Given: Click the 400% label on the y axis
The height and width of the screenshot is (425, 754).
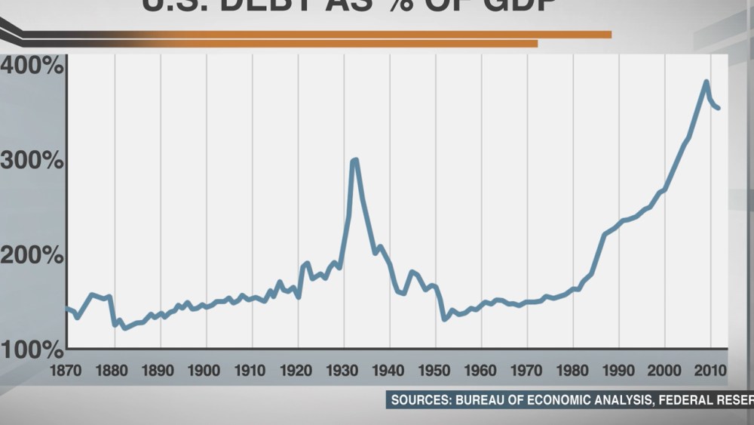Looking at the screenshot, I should click(x=32, y=66).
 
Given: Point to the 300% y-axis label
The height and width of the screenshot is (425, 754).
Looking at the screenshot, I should click(x=32, y=161).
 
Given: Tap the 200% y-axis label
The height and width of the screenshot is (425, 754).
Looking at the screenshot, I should click(x=32, y=255).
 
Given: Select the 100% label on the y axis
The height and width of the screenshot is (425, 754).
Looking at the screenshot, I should click(x=32, y=350).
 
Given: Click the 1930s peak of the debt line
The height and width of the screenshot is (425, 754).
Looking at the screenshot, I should click(x=354, y=160).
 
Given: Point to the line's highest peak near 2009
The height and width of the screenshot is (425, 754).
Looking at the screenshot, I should click(x=706, y=82).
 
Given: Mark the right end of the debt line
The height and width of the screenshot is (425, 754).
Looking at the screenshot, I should click(x=719, y=108).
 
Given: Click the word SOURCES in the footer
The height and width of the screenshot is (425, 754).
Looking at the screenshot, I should click(x=420, y=399).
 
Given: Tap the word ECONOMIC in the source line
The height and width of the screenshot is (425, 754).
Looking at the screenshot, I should click(x=575, y=399).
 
